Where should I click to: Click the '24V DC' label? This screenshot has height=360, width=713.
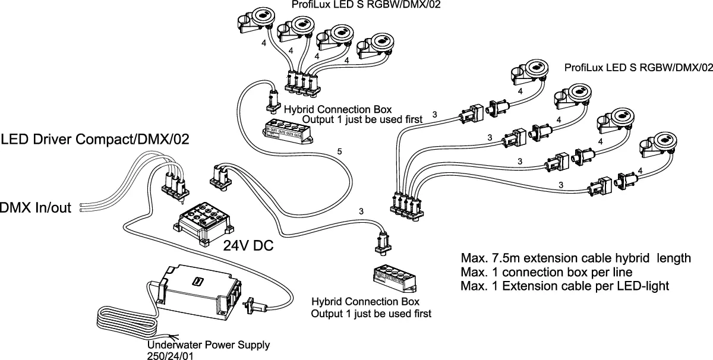coord(248,245)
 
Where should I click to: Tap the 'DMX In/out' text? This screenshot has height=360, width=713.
coord(36,208)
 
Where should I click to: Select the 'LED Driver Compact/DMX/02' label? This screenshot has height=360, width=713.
coord(95,140)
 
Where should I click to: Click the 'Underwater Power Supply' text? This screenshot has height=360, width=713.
coord(208,345)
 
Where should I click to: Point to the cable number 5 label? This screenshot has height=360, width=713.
coord(339,153)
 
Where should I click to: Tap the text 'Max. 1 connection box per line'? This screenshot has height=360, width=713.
coord(546,273)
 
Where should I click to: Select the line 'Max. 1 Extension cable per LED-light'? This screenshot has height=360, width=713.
coord(565,286)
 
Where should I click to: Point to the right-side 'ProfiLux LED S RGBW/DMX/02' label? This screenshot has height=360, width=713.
coord(638,68)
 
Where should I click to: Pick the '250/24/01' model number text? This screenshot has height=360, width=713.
coord(170,355)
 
